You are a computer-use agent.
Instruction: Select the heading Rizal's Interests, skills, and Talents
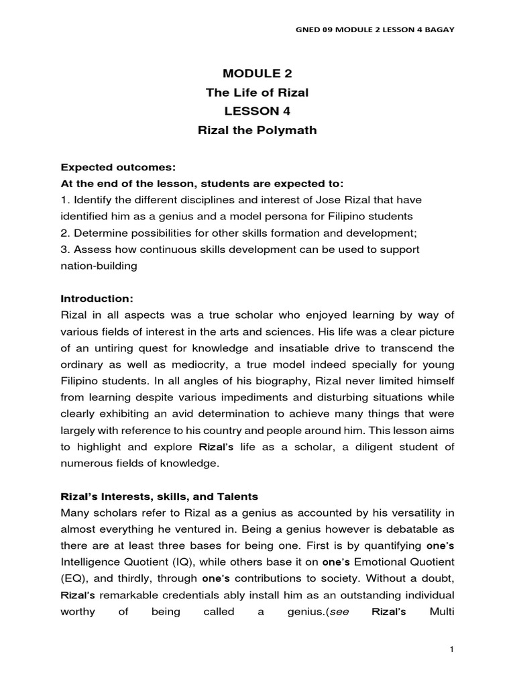[x=160, y=496]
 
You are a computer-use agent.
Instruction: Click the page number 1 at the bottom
[x=453, y=649]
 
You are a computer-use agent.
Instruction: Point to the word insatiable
[x=268, y=348]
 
